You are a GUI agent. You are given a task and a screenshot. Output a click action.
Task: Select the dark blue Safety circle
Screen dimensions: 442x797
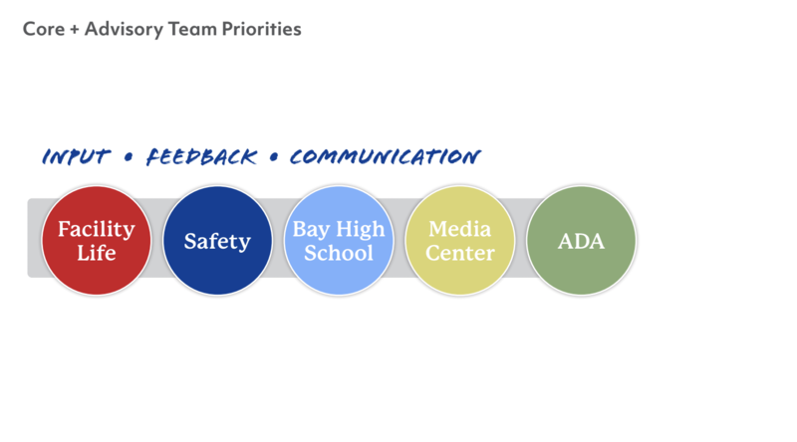[x=217, y=240]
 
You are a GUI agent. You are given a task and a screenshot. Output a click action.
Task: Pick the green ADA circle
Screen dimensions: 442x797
[x=581, y=241]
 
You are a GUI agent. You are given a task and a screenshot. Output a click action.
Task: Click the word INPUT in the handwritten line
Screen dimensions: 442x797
[x=78, y=157]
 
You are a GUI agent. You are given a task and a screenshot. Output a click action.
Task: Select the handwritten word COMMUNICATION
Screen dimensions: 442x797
[x=385, y=157]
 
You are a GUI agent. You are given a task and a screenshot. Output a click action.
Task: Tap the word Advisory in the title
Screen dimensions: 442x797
[x=124, y=29]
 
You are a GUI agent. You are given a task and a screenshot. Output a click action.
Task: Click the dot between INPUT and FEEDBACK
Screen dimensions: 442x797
[x=129, y=157]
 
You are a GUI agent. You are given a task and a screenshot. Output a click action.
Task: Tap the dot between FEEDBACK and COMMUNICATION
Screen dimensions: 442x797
[x=272, y=157]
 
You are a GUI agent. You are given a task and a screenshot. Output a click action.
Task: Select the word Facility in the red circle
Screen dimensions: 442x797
[x=96, y=229]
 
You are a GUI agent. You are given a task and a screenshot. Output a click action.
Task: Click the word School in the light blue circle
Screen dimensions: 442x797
[x=339, y=253]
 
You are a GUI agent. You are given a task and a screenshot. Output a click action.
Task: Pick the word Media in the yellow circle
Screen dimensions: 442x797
[x=460, y=229]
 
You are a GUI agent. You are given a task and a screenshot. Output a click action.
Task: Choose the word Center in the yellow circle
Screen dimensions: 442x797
[x=460, y=253]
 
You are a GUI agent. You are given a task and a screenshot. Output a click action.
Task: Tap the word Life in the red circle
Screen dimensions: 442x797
[x=96, y=253]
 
